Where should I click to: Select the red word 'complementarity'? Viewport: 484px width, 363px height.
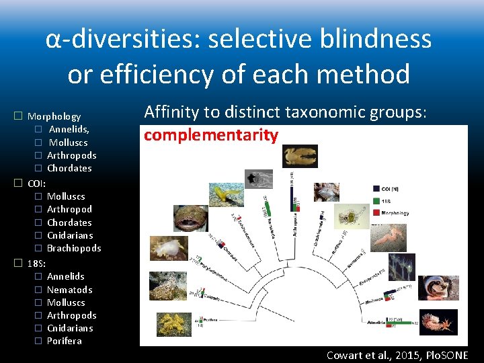[x=210, y=135]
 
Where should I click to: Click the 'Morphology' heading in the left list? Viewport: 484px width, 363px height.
[x=54, y=116]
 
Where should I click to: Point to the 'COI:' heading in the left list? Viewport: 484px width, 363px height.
[x=36, y=183]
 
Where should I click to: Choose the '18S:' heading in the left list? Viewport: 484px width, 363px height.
[x=36, y=263]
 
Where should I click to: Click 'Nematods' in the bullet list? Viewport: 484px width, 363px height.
[x=69, y=290]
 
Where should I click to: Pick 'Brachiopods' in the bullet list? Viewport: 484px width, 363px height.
[x=74, y=248]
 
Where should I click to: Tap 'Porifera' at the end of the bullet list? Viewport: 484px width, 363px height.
[x=65, y=341]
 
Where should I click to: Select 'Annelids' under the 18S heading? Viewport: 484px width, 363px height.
[x=66, y=276]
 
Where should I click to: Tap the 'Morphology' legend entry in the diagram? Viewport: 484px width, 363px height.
[x=403, y=212]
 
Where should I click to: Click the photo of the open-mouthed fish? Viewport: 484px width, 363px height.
[x=191, y=218]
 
